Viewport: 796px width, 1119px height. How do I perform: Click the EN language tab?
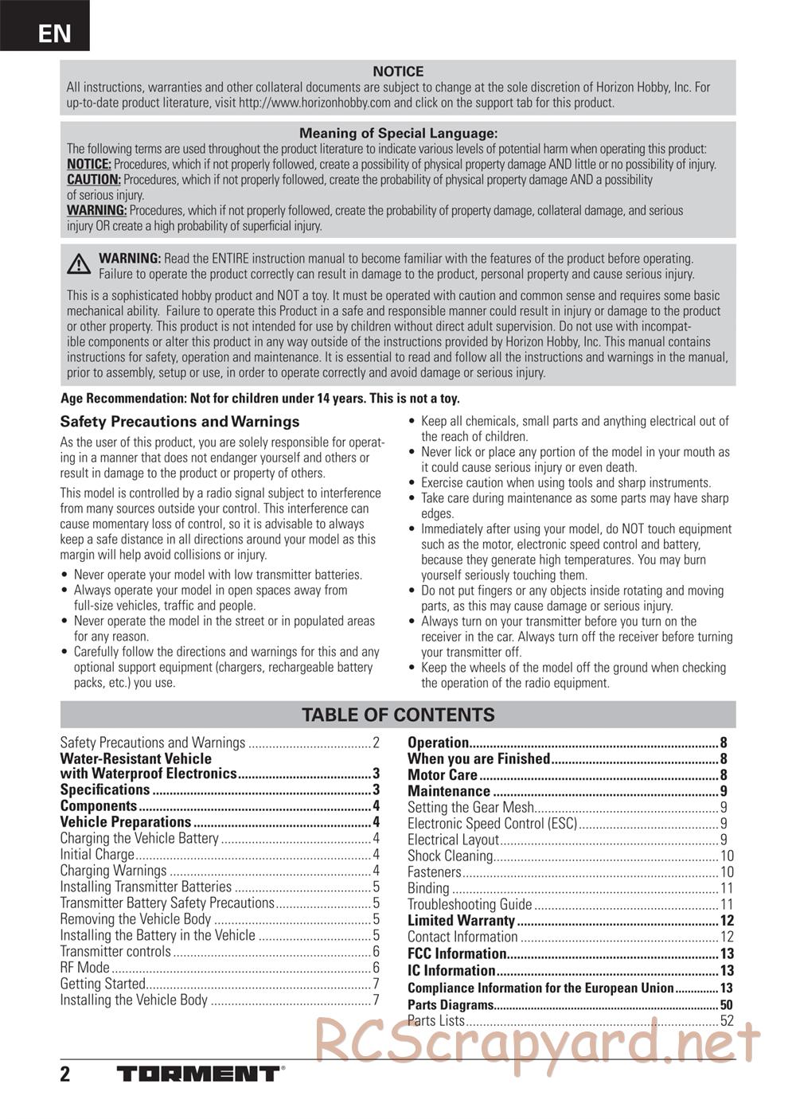click(x=53, y=33)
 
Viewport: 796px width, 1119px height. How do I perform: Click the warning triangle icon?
click(x=79, y=264)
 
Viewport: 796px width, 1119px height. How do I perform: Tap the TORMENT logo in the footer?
click(x=199, y=1074)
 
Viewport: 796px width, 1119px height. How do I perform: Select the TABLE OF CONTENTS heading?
click(x=398, y=715)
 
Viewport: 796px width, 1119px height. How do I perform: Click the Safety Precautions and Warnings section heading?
click(x=180, y=422)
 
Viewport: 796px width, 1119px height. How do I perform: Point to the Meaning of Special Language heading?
click(x=398, y=134)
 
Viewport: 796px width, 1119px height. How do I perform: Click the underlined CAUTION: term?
click(x=94, y=180)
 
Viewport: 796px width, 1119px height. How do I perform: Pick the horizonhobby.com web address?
click(x=314, y=103)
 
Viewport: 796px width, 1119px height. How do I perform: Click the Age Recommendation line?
click(x=259, y=399)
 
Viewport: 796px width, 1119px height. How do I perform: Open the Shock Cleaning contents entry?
click(x=451, y=856)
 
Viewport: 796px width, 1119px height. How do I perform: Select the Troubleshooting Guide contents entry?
click(x=470, y=904)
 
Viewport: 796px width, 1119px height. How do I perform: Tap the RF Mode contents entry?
click(x=85, y=968)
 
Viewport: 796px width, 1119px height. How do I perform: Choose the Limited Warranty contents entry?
click(x=461, y=921)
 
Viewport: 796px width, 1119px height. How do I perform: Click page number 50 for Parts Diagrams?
click(x=726, y=1004)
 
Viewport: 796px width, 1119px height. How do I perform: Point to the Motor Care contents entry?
click(x=443, y=775)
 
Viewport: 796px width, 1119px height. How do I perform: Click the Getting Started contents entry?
click(x=103, y=984)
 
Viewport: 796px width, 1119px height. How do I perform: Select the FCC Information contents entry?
click(x=457, y=953)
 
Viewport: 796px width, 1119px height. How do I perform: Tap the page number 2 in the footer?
click(x=65, y=1074)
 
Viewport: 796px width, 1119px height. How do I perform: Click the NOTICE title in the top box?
click(x=398, y=72)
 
